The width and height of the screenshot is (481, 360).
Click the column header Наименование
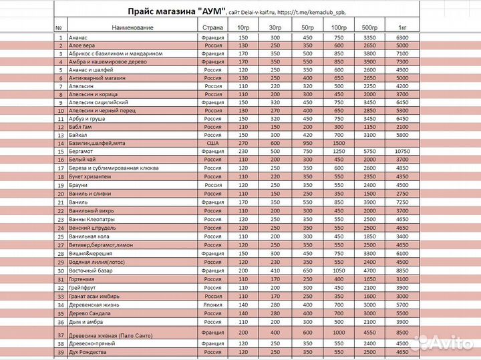(133, 27)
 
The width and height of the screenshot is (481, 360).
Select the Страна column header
(212, 27)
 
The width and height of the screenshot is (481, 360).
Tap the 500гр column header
(369, 27)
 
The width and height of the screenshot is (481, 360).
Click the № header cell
(58, 27)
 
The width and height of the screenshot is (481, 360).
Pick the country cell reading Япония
(212, 304)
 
